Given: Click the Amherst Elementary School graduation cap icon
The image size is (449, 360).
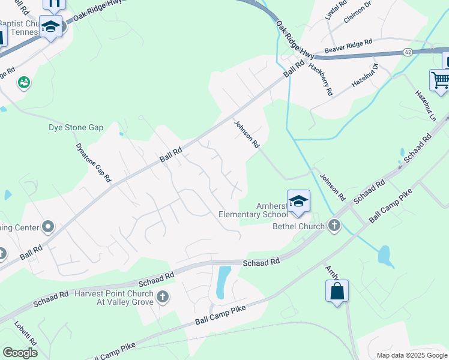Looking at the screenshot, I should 298,202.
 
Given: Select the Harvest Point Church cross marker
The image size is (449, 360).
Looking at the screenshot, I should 161,297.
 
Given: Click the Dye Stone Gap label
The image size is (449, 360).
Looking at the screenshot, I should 76,128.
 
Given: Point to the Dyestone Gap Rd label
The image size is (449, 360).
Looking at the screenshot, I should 94,162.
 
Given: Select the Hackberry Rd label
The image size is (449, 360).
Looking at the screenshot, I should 320,79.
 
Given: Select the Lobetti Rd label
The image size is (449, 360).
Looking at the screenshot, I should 26,334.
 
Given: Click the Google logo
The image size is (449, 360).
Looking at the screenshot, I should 20,353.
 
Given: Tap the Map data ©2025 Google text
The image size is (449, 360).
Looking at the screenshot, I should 411,355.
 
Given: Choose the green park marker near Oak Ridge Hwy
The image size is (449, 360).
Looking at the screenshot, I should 24,82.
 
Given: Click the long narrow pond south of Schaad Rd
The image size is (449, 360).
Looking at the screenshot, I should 223,282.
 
